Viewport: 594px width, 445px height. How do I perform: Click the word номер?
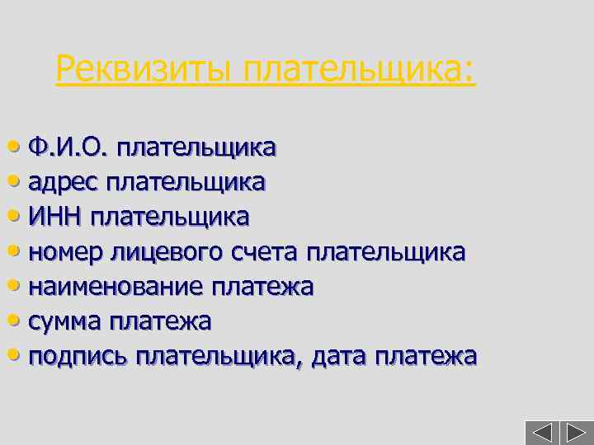(66, 251)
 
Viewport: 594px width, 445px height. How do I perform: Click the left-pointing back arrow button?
(541, 433)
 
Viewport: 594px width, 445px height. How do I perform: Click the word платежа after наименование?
(262, 286)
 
